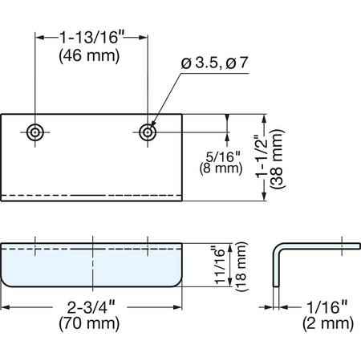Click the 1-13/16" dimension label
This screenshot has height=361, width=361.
click(x=91, y=37)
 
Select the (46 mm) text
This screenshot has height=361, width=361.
click(x=89, y=56)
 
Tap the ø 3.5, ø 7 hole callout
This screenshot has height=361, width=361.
click(x=214, y=63)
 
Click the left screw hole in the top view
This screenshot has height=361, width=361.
click(x=35, y=132)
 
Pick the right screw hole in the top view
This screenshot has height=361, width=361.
click(x=148, y=132)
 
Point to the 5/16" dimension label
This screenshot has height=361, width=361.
click(x=223, y=156)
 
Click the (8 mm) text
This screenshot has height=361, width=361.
click(x=221, y=168)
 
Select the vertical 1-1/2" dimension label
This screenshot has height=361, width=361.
click(x=262, y=158)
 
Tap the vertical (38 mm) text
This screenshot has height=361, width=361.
click(x=278, y=159)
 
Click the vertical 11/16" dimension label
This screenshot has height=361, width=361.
click(x=220, y=265)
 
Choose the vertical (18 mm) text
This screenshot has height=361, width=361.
click(x=241, y=266)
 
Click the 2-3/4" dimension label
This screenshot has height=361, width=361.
click(x=91, y=307)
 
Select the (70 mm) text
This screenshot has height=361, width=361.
click(x=89, y=323)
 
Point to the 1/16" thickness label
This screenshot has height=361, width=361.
click(x=327, y=307)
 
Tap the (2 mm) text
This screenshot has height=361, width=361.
click(x=328, y=323)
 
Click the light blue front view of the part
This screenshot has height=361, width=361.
click(x=91, y=265)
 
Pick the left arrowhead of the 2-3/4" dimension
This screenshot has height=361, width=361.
click(x=6, y=307)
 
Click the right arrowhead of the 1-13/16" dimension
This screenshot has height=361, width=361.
click(x=144, y=37)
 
